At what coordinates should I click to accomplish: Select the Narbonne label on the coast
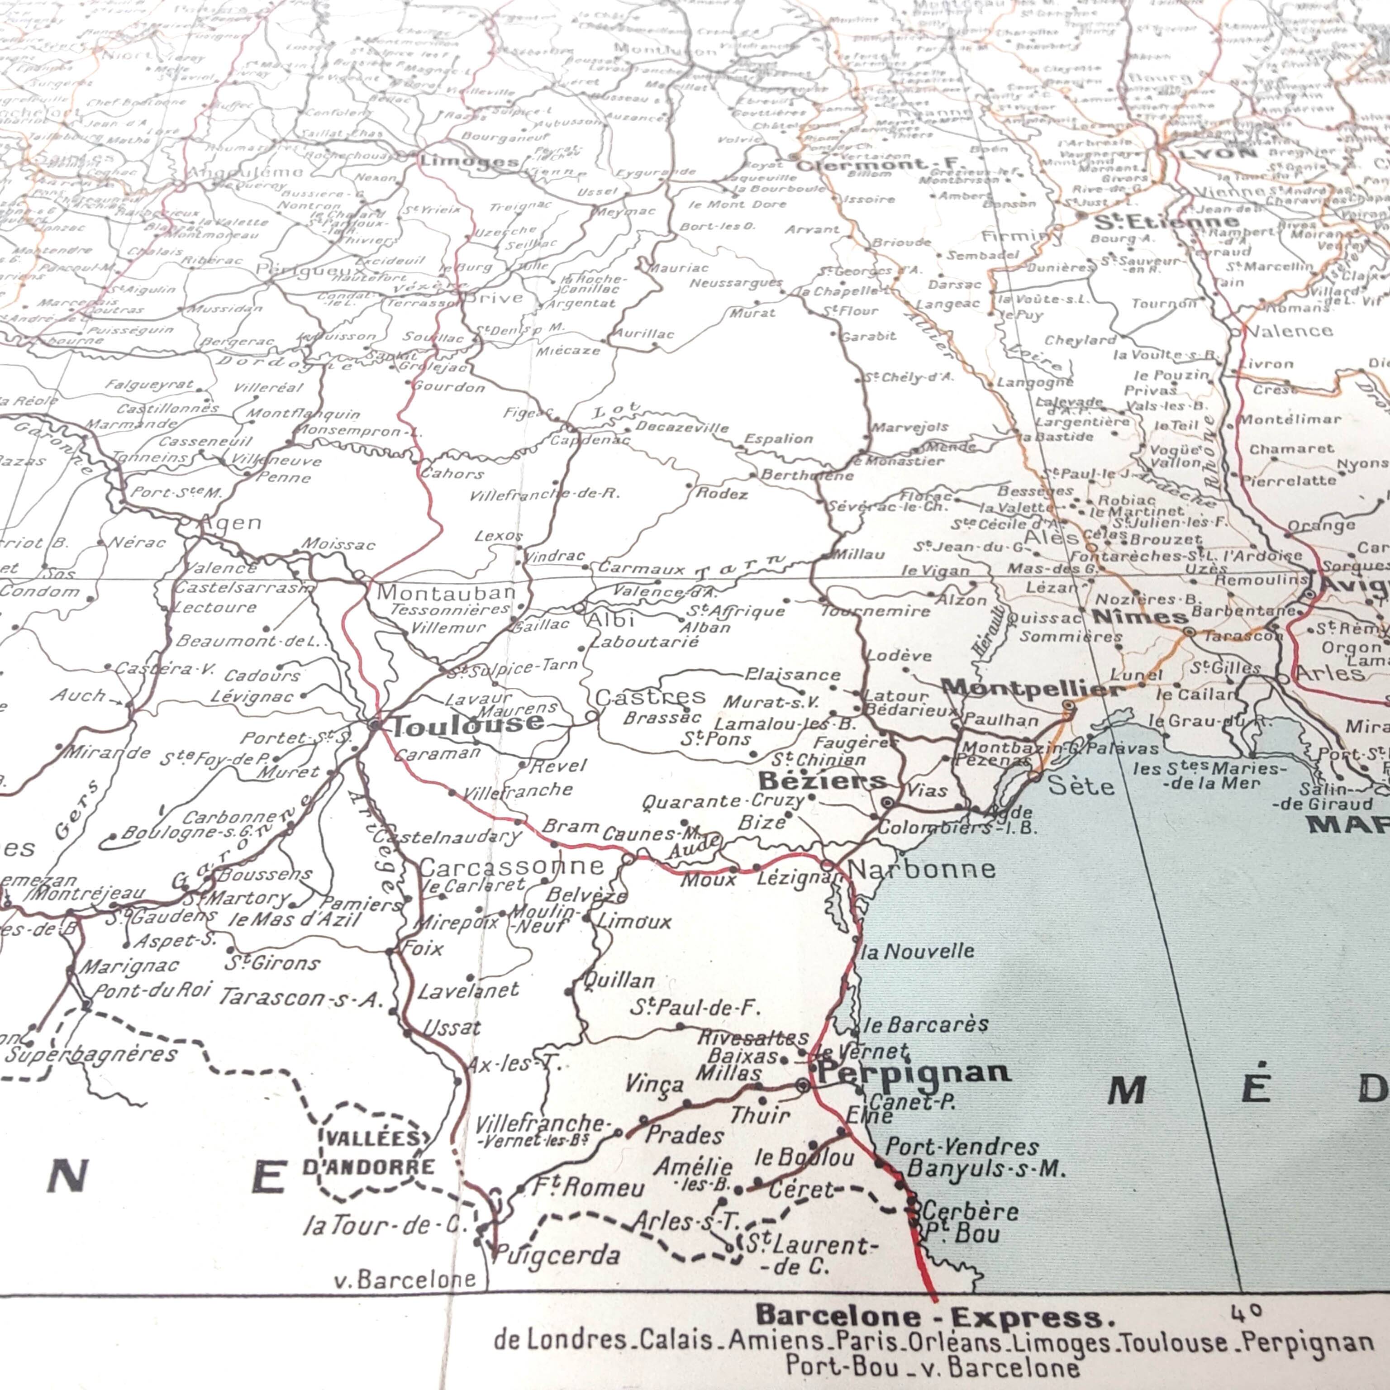[x=922, y=869]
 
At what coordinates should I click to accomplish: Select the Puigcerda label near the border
[x=557, y=1256]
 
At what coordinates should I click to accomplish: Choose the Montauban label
[x=446, y=593]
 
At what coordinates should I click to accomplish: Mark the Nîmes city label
[x=1140, y=617]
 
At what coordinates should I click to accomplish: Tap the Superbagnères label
[x=92, y=1055]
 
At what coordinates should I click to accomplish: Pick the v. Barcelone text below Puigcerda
[x=405, y=1279]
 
